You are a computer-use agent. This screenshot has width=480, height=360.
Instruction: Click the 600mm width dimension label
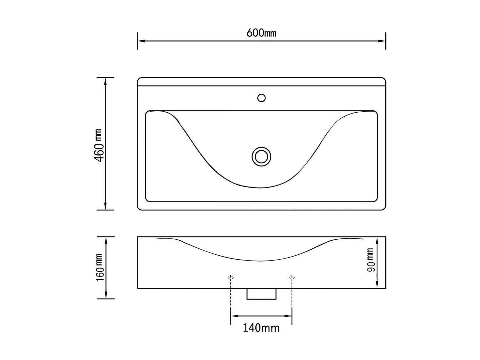click(x=261, y=33)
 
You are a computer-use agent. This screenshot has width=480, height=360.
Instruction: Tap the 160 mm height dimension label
click(x=100, y=268)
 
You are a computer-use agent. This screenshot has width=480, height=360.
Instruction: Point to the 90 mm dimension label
click(x=370, y=260)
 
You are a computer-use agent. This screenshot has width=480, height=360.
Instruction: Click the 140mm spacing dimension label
click(x=261, y=328)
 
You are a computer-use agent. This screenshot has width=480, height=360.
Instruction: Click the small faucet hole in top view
click(x=261, y=98)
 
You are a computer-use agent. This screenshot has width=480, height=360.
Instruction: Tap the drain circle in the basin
click(x=261, y=157)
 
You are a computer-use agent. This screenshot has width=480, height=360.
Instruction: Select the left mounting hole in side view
click(x=231, y=277)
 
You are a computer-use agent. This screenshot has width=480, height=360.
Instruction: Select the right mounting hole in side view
click(x=292, y=277)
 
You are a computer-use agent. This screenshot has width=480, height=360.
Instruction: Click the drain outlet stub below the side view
click(x=261, y=294)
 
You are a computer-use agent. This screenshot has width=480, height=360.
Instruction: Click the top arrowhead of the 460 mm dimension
click(x=105, y=81)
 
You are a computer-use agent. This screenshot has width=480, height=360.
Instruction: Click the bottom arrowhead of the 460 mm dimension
click(x=105, y=206)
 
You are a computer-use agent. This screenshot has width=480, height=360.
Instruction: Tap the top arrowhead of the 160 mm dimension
click(x=106, y=240)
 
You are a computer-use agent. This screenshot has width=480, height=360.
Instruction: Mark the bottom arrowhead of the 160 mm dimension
click(x=106, y=295)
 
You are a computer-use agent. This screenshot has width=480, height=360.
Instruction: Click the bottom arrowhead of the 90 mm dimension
click(x=377, y=284)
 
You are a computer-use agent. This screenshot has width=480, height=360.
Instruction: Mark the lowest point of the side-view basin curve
click(x=261, y=261)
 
